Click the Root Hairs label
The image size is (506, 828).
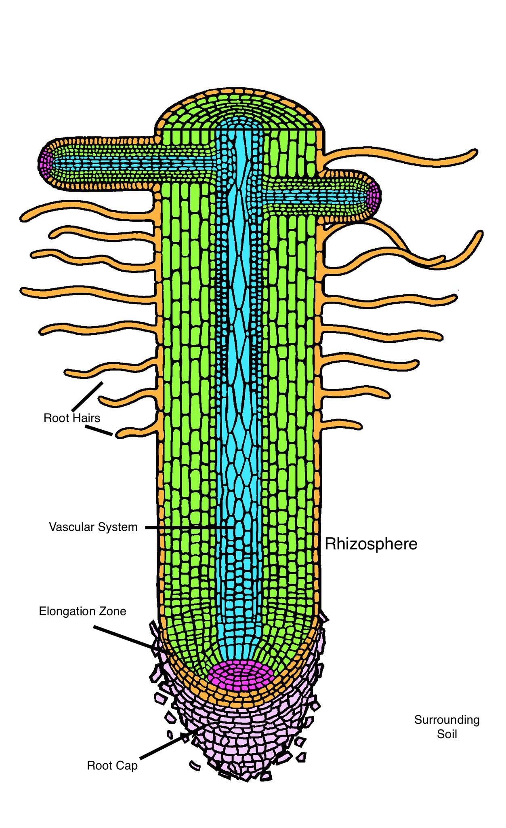point(72,418)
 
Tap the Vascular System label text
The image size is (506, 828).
point(93,527)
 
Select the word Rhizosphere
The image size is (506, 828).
point(371,544)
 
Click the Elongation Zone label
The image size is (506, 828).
point(82,611)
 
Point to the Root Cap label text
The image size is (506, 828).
point(112,766)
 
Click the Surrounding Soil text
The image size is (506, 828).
point(447,727)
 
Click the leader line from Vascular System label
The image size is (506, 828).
point(190,528)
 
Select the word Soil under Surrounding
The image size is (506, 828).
point(447,734)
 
